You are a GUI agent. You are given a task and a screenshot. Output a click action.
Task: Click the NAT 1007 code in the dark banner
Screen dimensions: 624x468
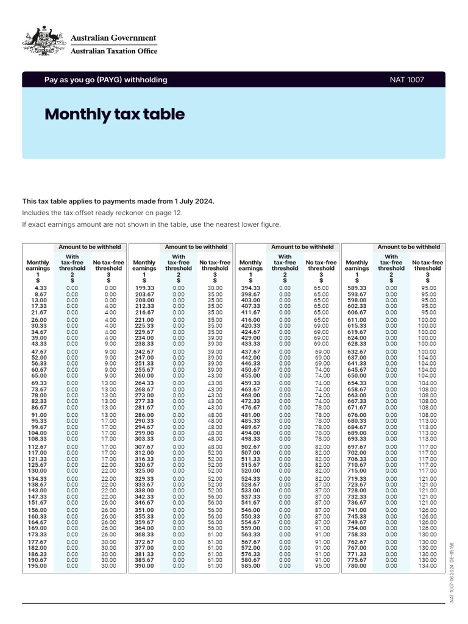(407, 80)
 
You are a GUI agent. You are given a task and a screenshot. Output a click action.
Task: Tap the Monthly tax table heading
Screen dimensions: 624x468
(115, 115)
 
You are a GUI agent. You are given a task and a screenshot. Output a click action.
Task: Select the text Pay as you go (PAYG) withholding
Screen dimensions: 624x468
(105, 80)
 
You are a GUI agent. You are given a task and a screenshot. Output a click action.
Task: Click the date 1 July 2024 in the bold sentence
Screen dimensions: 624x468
(191, 201)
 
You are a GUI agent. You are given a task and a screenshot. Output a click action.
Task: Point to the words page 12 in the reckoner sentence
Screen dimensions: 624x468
(168, 213)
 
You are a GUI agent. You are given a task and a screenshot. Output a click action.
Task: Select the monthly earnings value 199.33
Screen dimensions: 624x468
(145, 288)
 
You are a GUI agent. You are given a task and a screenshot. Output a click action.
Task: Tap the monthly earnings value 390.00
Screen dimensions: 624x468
(145, 566)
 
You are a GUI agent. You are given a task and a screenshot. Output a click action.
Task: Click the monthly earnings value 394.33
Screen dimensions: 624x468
(251, 288)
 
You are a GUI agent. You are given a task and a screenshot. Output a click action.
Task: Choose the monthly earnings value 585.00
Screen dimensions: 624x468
(251, 566)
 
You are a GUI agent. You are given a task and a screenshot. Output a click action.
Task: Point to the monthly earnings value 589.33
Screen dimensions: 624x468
(357, 288)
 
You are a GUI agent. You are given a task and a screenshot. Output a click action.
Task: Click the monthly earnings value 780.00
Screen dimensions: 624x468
(357, 566)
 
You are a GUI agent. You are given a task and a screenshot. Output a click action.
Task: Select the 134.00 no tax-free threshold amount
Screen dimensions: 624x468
(428, 566)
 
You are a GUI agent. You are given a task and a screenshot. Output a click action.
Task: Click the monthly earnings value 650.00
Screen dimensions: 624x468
(357, 375)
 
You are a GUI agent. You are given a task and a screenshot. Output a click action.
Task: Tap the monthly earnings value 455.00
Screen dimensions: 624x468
(251, 375)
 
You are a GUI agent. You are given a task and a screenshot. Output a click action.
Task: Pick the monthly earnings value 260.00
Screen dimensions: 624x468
(145, 375)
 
